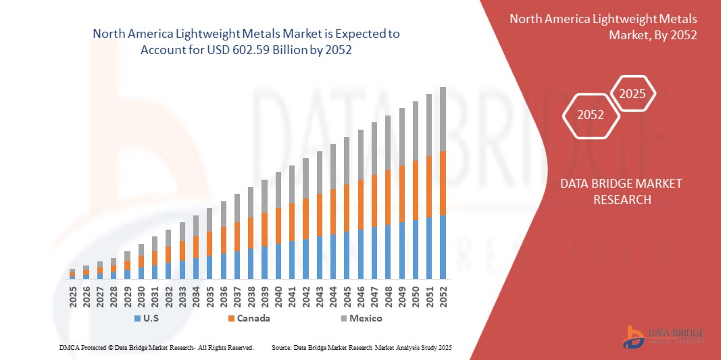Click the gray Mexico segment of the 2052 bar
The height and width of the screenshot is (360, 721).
[x=443, y=119]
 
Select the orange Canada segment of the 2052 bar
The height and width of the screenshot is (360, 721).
[x=443, y=183]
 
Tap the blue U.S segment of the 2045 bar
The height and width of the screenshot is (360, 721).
[x=347, y=255]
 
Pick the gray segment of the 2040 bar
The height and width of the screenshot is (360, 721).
[x=278, y=190]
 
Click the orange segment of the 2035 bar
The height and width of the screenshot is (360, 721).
[x=209, y=243]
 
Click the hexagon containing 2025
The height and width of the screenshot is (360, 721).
[x=633, y=94]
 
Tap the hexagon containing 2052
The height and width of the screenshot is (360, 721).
[x=591, y=114]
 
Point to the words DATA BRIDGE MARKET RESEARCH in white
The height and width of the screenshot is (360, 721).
[x=622, y=191]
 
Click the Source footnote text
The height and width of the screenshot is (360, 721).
[x=361, y=347]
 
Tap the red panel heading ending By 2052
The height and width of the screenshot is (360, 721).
[x=603, y=26]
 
